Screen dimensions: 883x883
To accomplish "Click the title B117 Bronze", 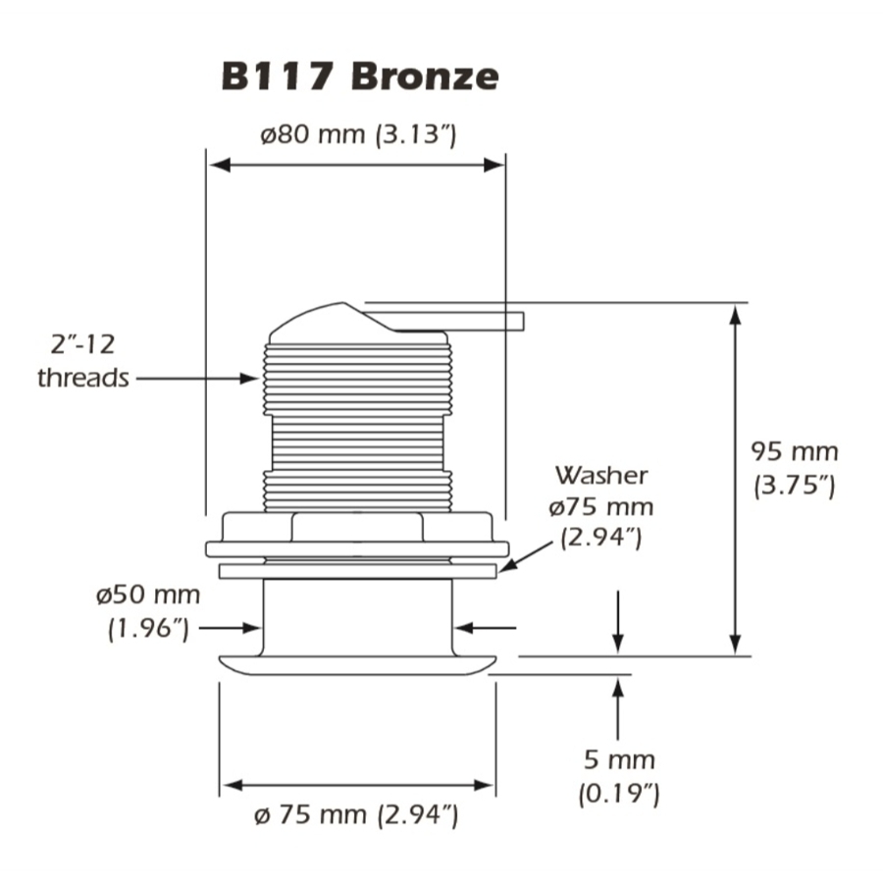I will (x=359, y=76).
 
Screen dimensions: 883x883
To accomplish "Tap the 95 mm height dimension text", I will (x=795, y=452).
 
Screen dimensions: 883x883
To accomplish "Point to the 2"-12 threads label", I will (x=83, y=360).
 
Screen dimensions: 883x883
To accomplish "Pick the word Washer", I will (x=601, y=476).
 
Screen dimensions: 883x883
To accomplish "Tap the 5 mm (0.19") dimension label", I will (x=617, y=775).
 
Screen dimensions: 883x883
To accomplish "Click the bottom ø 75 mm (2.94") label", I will (x=358, y=814).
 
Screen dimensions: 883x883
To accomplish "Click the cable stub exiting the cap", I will (x=461, y=321).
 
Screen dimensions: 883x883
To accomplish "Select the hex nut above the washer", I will (x=357, y=527).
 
